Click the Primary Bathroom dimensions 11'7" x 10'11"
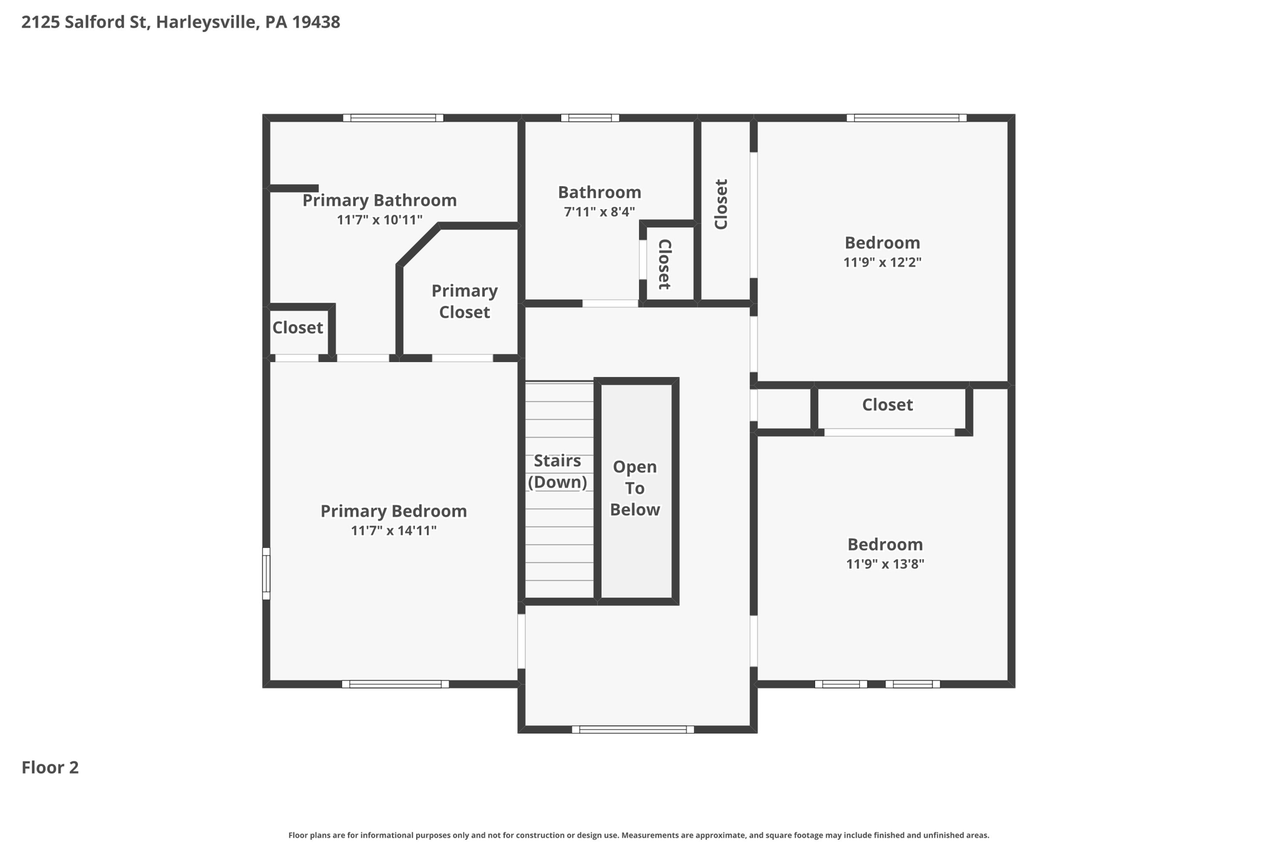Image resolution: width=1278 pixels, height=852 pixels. [x=379, y=220]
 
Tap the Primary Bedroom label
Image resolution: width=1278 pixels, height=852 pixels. [x=393, y=511]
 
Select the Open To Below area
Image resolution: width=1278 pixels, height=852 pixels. [x=635, y=488]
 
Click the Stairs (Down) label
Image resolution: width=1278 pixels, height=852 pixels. [x=557, y=471]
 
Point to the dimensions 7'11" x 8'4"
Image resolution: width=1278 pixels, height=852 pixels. [x=599, y=212]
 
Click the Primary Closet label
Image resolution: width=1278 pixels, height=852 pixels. [x=464, y=301]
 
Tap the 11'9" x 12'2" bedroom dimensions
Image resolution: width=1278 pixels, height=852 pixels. [x=882, y=262]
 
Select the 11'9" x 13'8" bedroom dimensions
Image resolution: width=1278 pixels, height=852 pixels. [x=884, y=564]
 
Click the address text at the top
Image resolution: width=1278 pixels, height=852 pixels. [x=180, y=22]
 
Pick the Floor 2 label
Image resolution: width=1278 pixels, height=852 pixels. [x=50, y=767]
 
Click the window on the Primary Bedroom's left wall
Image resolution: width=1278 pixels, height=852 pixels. [x=266, y=574]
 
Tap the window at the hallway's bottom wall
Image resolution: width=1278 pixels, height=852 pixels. [x=633, y=729]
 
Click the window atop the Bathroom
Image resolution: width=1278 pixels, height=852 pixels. [x=590, y=118]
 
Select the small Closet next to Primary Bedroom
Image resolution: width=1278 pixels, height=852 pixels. [x=297, y=328]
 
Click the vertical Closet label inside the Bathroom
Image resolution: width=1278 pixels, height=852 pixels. [x=665, y=264]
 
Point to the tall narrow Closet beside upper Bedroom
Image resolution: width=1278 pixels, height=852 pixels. [x=721, y=205]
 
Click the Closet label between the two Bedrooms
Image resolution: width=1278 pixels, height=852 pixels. [x=887, y=405]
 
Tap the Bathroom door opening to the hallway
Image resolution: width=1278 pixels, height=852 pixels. [x=610, y=303]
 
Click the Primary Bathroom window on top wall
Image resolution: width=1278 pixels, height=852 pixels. [x=393, y=118]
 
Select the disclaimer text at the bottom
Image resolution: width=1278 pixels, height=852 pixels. [x=638, y=835]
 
